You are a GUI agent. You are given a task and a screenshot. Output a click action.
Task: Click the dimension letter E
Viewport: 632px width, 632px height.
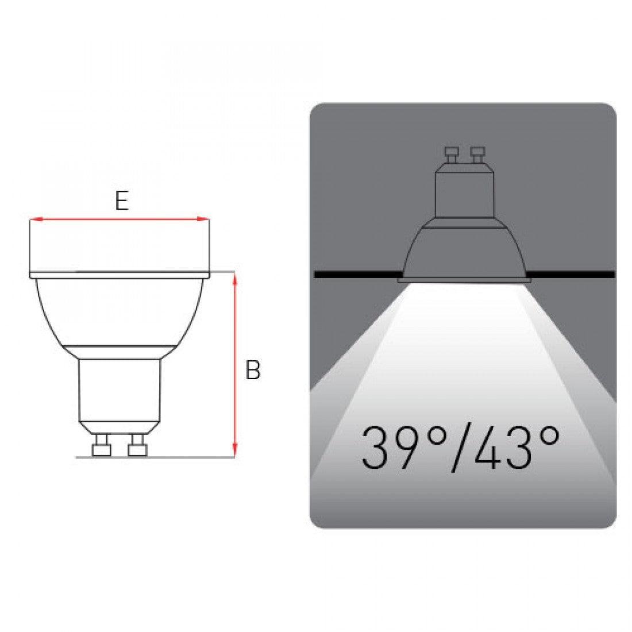122,201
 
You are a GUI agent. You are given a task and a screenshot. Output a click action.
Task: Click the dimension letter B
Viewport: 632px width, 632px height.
253,369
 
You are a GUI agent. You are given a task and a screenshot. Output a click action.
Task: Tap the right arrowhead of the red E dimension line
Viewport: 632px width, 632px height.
203,219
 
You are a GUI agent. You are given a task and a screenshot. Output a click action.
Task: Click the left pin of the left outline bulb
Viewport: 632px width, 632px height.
101,445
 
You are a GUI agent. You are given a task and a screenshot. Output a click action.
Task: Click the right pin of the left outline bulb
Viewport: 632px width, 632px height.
137,445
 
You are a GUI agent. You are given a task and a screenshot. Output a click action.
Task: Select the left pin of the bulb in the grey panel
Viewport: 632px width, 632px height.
452,155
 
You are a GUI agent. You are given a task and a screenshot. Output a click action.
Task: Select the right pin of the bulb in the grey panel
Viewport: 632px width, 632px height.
478,155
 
